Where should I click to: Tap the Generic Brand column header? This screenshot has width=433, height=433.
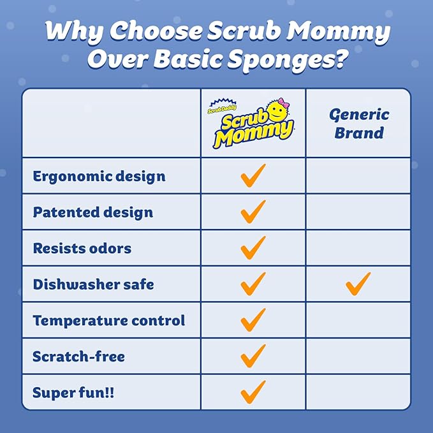click(359, 124)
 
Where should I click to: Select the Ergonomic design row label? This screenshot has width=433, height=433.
click(99, 176)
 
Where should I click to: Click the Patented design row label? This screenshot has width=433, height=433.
click(93, 212)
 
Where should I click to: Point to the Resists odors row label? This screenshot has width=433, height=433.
click(82, 247)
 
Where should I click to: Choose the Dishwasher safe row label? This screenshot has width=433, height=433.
click(93, 284)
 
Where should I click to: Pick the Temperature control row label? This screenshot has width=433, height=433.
click(109, 319)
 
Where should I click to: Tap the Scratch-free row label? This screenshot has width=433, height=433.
click(79, 356)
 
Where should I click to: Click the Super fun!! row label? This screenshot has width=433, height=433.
click(73, 392)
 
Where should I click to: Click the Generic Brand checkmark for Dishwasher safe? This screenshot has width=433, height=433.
click(358, 283)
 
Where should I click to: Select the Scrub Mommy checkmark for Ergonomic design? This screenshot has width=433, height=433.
click(253, 175)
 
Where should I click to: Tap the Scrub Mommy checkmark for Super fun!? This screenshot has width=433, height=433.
click(253, 390)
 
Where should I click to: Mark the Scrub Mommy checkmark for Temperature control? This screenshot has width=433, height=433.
click(253, 319)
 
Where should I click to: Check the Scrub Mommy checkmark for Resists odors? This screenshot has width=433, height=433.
click(253, 247)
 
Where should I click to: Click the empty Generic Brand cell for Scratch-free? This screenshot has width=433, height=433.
click(358, 356)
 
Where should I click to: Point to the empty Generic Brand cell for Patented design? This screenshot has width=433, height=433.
click(358, 212)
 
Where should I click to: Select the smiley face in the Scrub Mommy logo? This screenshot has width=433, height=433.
click(275, 110)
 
